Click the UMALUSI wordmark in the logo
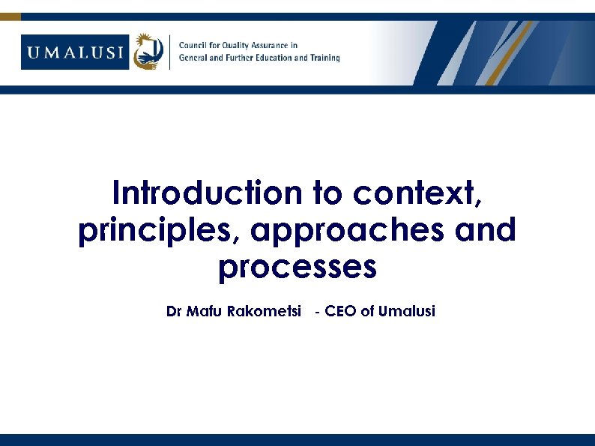(x=76, y=52)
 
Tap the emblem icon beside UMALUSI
(x=148, y=52)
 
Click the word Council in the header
(x=193, y=45)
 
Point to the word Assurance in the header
(x=274, y=45)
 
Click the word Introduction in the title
(x=206, y=193)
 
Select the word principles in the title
(x=158, y=231)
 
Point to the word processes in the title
(x=297, y=267)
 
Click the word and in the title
(x=486, y=230)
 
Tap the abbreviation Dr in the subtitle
(x=174, y=311)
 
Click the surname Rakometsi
(x=258, y=311)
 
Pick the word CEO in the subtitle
(x=341, y=311)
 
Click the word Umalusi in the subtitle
(x=407, y=311)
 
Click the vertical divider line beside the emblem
(x=170, y=52)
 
